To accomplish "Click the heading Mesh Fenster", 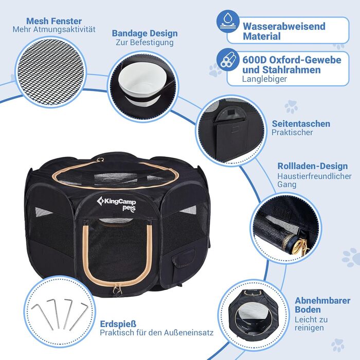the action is (54, 21).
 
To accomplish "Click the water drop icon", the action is (228, 21).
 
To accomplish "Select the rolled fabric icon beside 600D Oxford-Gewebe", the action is (228, 60).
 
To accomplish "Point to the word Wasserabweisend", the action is (284, 26).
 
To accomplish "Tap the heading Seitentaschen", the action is (301, 124).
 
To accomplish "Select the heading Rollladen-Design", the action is (313, 166).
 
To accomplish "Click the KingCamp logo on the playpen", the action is (116, 202).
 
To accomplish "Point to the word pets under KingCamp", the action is (129, 208).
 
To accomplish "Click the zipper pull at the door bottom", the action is (117, 289).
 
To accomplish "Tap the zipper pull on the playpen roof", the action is (100, 160).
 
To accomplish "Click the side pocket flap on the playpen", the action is (184, 258).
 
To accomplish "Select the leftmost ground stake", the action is (43, 317).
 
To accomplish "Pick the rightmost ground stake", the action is (79, 316).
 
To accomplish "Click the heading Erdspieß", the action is (118, 324).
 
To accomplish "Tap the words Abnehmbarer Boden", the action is (322, 305).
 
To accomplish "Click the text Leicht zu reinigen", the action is (311, 323).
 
